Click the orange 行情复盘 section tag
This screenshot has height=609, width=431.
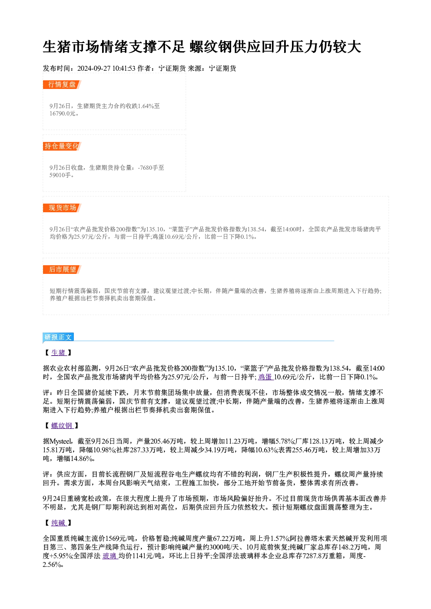[62, 85]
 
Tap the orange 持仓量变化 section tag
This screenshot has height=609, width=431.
[62, 146]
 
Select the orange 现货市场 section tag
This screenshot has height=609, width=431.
[62, 208]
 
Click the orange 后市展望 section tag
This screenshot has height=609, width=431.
[62, 270]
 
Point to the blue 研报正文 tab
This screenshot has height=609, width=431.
[58, 337]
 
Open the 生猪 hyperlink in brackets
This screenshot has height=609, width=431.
[58, 353]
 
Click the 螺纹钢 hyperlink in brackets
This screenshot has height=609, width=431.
[62, 426]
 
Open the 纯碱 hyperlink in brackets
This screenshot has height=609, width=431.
[58, 523]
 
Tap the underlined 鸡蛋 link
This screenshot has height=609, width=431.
[265, 377]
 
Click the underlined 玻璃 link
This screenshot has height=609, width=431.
[109, 556]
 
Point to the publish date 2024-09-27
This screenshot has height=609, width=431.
[94, 69]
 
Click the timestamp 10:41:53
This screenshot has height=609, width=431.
[124, 69]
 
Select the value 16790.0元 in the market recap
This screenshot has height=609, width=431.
[62, 114]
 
